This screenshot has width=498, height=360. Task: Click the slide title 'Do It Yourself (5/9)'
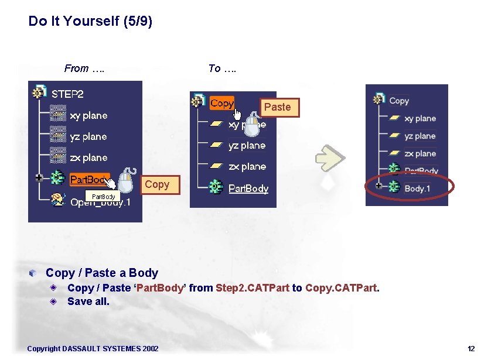90,22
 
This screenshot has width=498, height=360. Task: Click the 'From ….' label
84,68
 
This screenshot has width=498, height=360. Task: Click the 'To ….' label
222,68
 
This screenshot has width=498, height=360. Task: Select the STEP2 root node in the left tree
67,94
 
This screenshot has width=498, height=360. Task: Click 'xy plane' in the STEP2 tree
88,115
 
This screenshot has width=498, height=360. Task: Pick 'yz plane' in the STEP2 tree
88,136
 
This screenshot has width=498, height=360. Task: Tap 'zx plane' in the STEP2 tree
88,157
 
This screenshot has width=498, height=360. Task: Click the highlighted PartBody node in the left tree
88,179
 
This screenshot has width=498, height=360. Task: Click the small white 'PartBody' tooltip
103,196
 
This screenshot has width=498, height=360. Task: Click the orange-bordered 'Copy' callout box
156,184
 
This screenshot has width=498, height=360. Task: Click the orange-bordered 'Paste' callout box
277,107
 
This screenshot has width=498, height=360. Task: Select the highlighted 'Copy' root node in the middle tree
221,103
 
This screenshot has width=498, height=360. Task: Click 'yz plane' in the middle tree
247,145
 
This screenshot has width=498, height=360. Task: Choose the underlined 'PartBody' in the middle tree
248,188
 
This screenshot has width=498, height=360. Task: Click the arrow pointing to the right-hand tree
329,157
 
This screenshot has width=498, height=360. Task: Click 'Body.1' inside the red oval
417,188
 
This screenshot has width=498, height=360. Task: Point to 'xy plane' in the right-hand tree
420,118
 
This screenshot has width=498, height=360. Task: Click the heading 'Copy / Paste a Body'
102,273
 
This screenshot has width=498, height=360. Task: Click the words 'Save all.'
88,301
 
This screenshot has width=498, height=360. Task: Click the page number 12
471,349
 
